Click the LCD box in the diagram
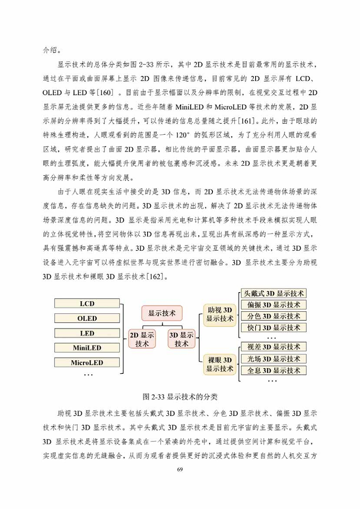pyautogui.click(x=87, y=303)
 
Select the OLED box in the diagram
pyautogui.click(x=87, y=318)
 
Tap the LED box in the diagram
pyautogui.click(x=87, y=333)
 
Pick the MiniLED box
pyautogui.click(x=87, y=348)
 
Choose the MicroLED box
pyautogui.click(x=87, y=363)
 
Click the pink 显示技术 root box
pyautogui.click(x=162, y=313)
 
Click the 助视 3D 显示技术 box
pyautogui.click(x=220, y=314)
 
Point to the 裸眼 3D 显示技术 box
pyautogui.click(x=220, y=364)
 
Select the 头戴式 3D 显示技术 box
pyautogui.click(x=273, y=294)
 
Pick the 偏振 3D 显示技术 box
pyautogui.click(x=273, y=305)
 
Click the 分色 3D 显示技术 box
pyautogui.click(x=273, y=316)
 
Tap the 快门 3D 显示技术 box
pyautogui.click(x=273, y=328)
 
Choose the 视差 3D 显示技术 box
pyautogui.click(x=273, y=347)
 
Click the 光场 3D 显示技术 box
pyautogui.click(x=273, y=359)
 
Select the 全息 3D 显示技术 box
pyautogui.click(x=273, y=370)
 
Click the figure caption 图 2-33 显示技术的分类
pyautogui.click(x=180, y=397)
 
